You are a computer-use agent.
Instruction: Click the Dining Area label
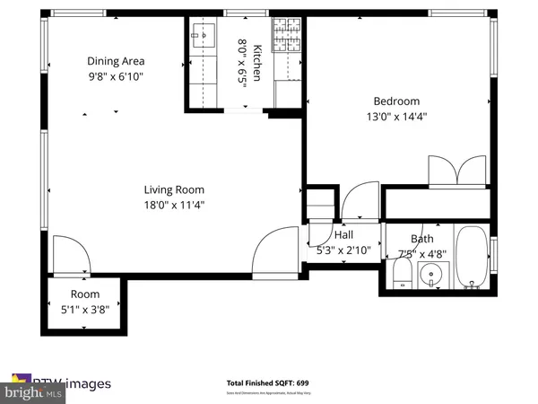click(x=116, y=61)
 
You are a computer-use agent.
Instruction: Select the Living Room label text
click(x=174, y=189)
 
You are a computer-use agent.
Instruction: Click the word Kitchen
click(x=257, y=63)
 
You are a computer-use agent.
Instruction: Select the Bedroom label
click(x=396, y=101)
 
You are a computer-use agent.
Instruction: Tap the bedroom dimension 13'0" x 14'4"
click(x=396, y=117)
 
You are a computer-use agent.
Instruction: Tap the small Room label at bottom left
click(x=85, y=294)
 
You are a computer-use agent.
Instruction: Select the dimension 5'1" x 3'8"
click(x=85, y=310)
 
